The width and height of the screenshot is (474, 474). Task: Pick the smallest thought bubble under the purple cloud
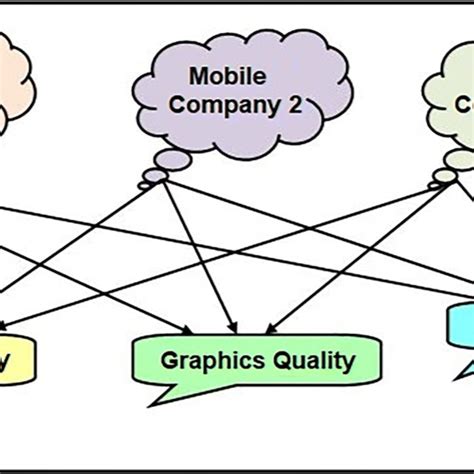tap(146, 186)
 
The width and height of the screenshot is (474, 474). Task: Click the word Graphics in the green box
tap(208, 360)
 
